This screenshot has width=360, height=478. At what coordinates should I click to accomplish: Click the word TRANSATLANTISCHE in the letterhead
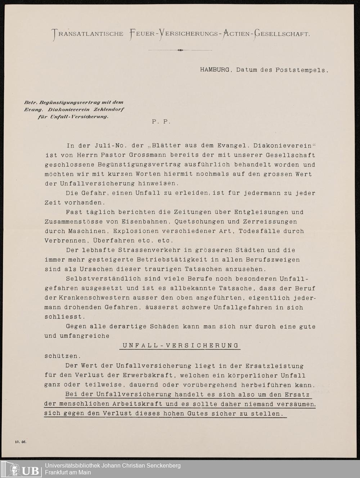88,34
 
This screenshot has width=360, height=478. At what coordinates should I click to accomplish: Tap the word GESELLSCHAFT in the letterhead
282,34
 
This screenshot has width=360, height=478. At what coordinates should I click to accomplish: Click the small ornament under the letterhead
180,50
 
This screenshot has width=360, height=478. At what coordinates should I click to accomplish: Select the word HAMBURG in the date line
215,70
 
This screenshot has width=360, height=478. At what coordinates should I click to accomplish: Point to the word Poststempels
302,70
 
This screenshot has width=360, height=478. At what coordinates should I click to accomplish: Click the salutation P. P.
161,122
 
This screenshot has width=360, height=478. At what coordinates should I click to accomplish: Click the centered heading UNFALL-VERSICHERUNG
180,346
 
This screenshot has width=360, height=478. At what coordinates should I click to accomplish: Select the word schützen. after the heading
60,356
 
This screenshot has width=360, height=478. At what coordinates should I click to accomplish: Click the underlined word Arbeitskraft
142,404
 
